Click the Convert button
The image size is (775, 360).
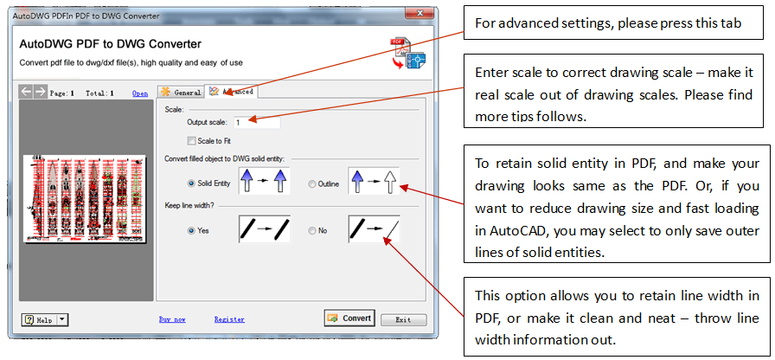tap(349, 318)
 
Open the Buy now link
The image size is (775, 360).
tap(172, 319)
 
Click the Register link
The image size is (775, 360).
tap(229, 319)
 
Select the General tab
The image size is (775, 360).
tap(181, 92)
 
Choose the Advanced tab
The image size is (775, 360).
tap(231, 92)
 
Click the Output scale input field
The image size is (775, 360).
tap(256, 123)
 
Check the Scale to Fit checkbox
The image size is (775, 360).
tap(191, 141)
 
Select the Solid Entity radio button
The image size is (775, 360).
tap(191, 183)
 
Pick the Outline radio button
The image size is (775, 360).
tap(311, 184)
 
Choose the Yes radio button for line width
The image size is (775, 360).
tap(191, 230)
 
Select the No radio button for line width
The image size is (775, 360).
tap(311, 230)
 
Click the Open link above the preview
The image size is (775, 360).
tap(140, 93)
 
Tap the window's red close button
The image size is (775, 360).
tap(419, 13)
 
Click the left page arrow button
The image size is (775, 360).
tap(27, 91)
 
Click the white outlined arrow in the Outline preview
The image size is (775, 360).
tap(390, 181)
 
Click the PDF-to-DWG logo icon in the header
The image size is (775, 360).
tap(408, 53)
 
